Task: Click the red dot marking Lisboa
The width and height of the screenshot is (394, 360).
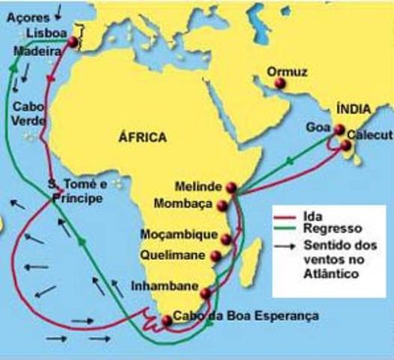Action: coord(73,43)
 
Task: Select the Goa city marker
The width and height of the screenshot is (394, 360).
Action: coord(339,130)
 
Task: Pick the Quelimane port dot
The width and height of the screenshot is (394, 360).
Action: coord(216,256)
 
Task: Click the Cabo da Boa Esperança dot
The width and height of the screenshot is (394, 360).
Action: coord(167,321)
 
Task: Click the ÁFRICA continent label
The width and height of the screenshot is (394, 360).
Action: coord(142,137)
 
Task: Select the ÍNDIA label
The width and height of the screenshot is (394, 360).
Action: coord(354,109)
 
